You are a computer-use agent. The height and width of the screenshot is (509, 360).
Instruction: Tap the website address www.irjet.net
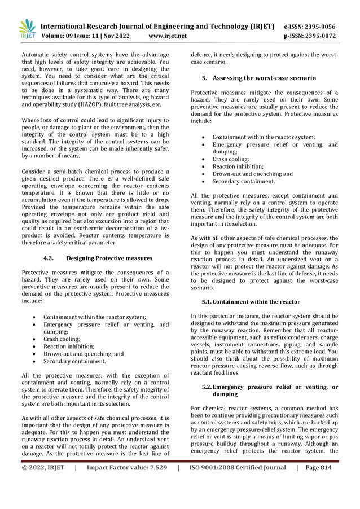point(167,36)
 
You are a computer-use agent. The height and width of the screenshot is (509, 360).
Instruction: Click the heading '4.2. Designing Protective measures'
point(98,258)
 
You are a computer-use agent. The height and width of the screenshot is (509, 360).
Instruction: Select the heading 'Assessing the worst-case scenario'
point(264,78)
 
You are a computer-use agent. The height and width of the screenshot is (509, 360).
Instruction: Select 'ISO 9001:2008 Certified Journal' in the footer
point(238,468)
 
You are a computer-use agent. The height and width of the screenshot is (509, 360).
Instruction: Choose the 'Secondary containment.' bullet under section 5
point(243,182)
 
